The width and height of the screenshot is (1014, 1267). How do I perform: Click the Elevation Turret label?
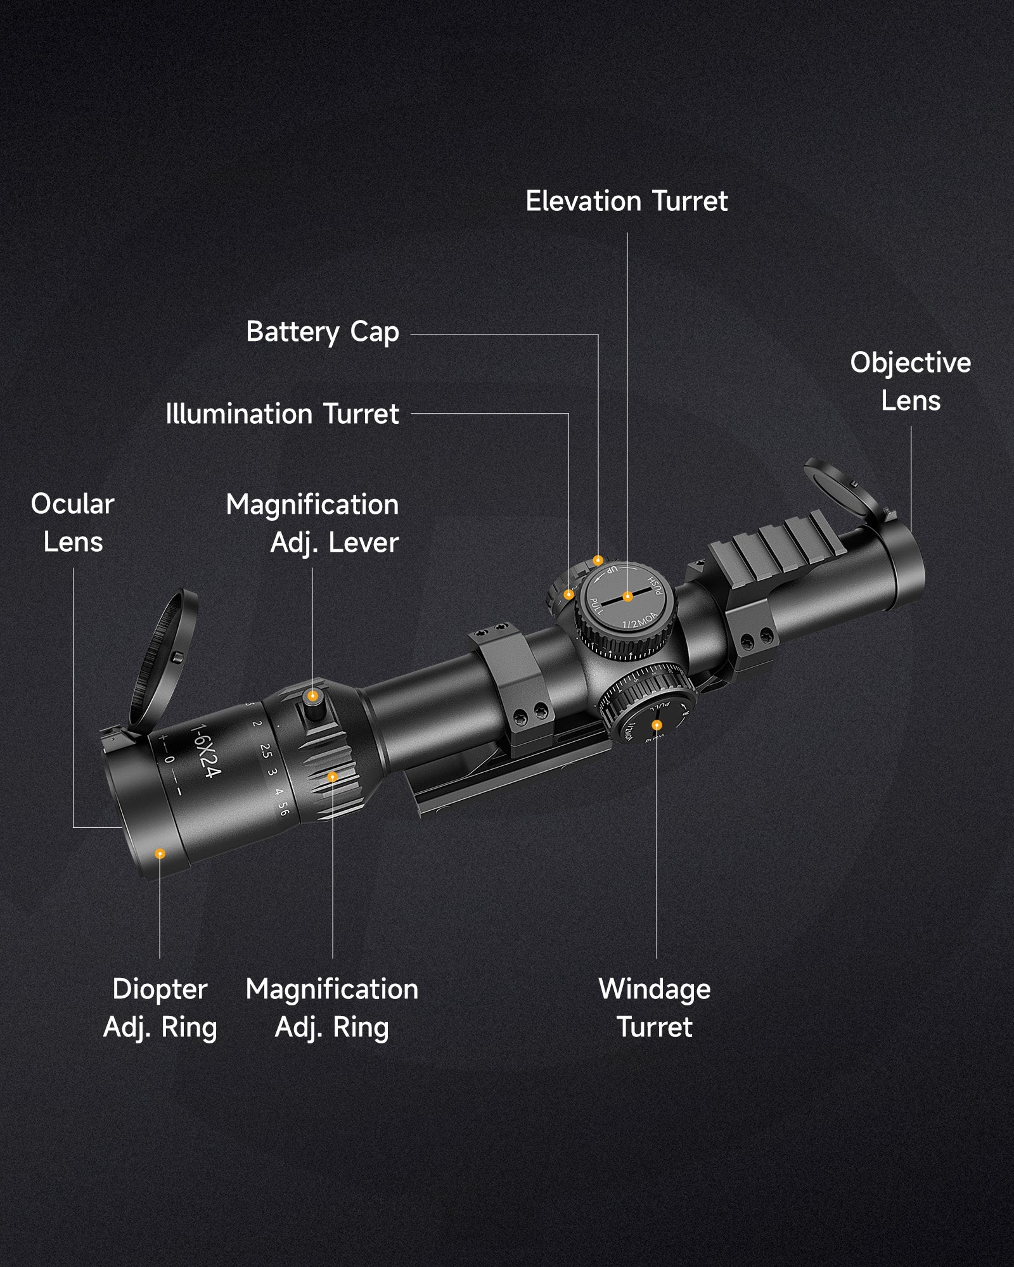pos(626,201)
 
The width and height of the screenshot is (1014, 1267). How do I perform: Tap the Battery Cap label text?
pos(322,332)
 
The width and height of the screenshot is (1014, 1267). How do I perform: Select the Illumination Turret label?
pos(282,414)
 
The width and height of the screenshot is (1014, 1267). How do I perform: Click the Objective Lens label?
pos(910,381)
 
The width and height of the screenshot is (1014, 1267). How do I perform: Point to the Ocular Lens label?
pos(72,523)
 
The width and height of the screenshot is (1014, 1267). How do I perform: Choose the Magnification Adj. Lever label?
pos(312,523)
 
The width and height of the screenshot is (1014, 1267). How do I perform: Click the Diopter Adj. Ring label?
pos(160,1008)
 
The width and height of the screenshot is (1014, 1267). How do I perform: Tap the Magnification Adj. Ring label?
pos(331,1008)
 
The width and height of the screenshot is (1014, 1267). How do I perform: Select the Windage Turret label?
pos(655,1008)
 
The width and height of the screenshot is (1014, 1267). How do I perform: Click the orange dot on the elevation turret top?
pos(627,596)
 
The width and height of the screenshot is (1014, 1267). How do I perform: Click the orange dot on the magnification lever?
pos(312,696)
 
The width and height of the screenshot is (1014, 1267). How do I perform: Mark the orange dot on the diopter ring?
pos(160,854)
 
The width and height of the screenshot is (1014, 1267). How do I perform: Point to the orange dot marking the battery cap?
pos(598,561)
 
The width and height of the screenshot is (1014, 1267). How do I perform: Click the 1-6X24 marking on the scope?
pos(207,751)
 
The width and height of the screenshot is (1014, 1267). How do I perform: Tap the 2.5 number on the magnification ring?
pos(266,751)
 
